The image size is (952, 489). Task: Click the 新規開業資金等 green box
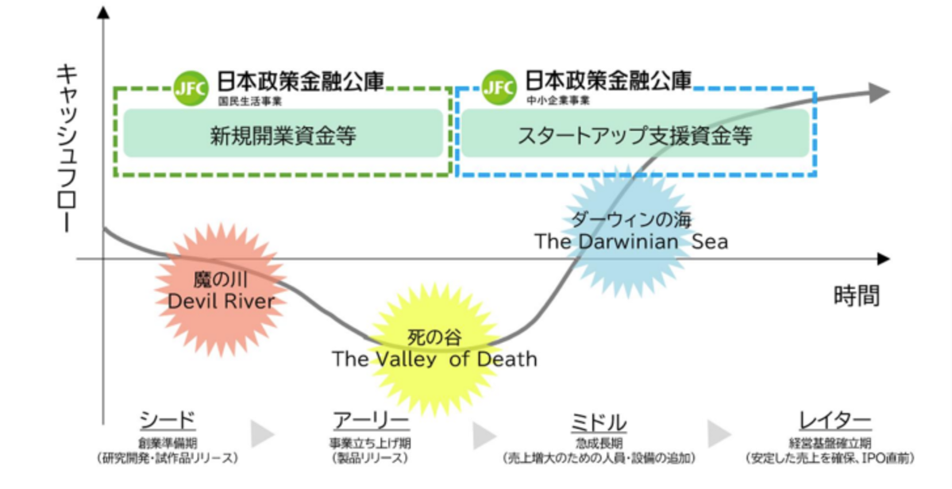click(283, 135)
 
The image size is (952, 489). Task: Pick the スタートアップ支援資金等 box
click(635, 135)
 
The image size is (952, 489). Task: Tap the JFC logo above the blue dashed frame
click(499, 84)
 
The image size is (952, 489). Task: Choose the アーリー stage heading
click(371, 421)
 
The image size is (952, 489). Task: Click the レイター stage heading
click(834, 421)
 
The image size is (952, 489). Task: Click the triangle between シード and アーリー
click(262, 434)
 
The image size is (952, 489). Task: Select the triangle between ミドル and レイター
click(719, 434)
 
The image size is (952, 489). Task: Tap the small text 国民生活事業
click(250, 102)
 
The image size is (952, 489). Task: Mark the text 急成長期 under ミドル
click(598, 442)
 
